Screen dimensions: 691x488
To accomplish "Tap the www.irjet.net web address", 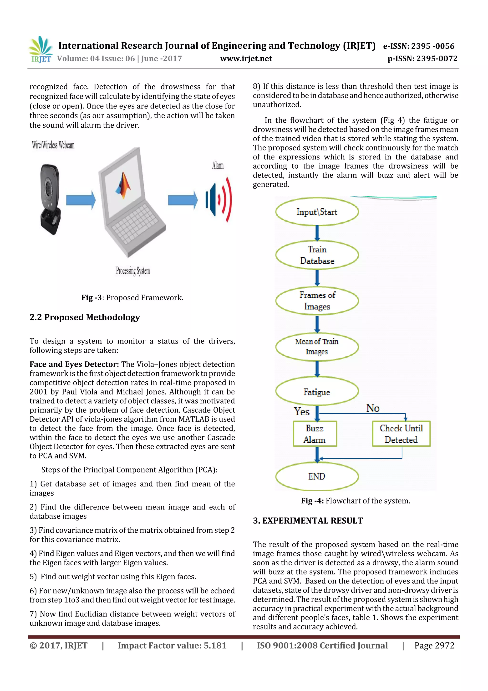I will [246, 59].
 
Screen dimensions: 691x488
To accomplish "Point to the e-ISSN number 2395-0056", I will [419, 46].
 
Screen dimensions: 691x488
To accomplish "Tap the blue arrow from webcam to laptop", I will [81, 200].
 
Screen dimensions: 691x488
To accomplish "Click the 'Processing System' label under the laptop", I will [133, 271].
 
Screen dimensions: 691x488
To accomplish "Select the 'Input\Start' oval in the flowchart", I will [317, 212].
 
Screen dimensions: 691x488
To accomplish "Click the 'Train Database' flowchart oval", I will [317, 255].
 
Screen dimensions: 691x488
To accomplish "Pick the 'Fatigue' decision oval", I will [317, 392].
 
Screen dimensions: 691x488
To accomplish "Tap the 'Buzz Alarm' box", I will [315, 434].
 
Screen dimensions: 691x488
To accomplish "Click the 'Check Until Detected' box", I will [401, 434].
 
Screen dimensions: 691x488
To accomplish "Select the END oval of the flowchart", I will [317, 476].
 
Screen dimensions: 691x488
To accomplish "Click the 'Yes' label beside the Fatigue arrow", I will [302, 411].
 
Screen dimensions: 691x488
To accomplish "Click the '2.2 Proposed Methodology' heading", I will [85, 317].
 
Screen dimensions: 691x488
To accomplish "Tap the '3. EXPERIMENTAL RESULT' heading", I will [308, 521].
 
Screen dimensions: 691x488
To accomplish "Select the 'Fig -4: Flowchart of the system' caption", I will [356, 501].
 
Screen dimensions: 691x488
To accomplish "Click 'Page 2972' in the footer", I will [434, 645].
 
